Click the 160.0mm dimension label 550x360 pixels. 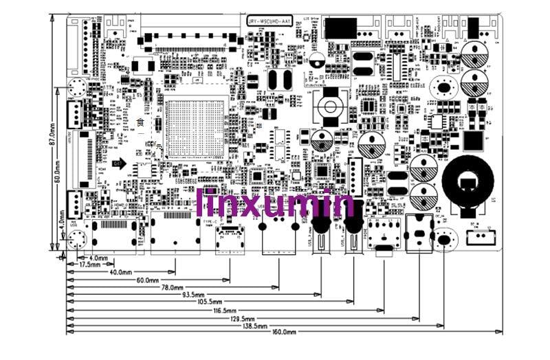coord(284,332)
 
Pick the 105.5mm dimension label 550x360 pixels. coord(210,302)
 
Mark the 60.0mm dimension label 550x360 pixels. coord(147,280)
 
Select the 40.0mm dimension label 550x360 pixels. coord(120,272)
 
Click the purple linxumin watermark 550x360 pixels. coord(275,204)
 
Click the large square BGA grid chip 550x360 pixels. coord(195,129)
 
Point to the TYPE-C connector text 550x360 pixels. coord(210,221)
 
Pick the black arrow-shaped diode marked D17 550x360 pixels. coord(119,164)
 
